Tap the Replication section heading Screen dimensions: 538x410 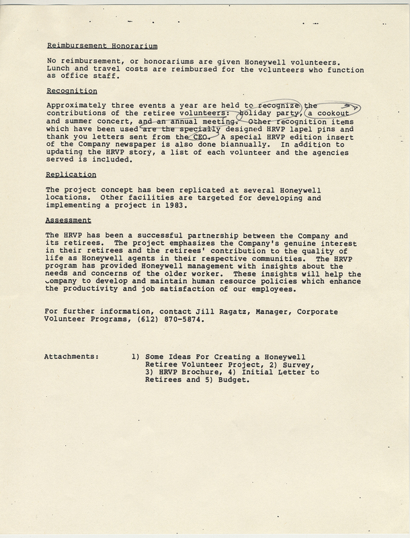tap(71, 174)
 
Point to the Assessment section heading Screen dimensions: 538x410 tap(69, 219)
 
